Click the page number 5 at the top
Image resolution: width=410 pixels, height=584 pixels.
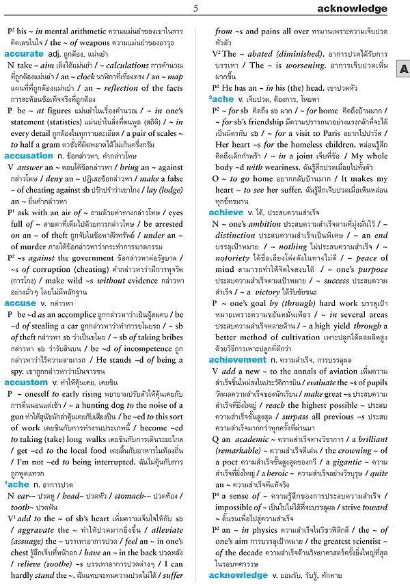[196, 9]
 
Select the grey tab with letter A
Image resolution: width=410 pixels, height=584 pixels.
[403, 70]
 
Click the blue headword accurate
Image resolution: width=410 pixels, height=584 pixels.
[25, 53]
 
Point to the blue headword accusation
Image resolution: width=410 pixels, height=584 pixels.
[29, 156]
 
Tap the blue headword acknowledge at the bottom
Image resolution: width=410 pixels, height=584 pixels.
[238, 575]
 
